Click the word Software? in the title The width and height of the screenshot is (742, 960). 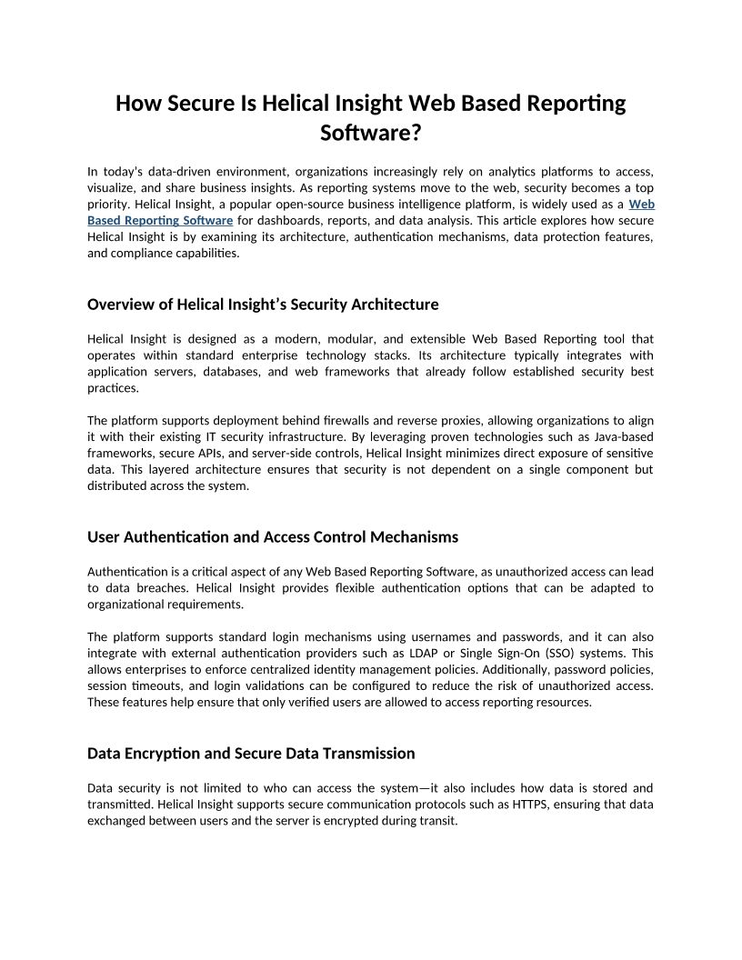(x=371, y=133)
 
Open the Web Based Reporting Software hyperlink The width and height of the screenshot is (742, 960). (x=160, y=221)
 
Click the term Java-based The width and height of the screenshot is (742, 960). (x=620, y=437)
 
